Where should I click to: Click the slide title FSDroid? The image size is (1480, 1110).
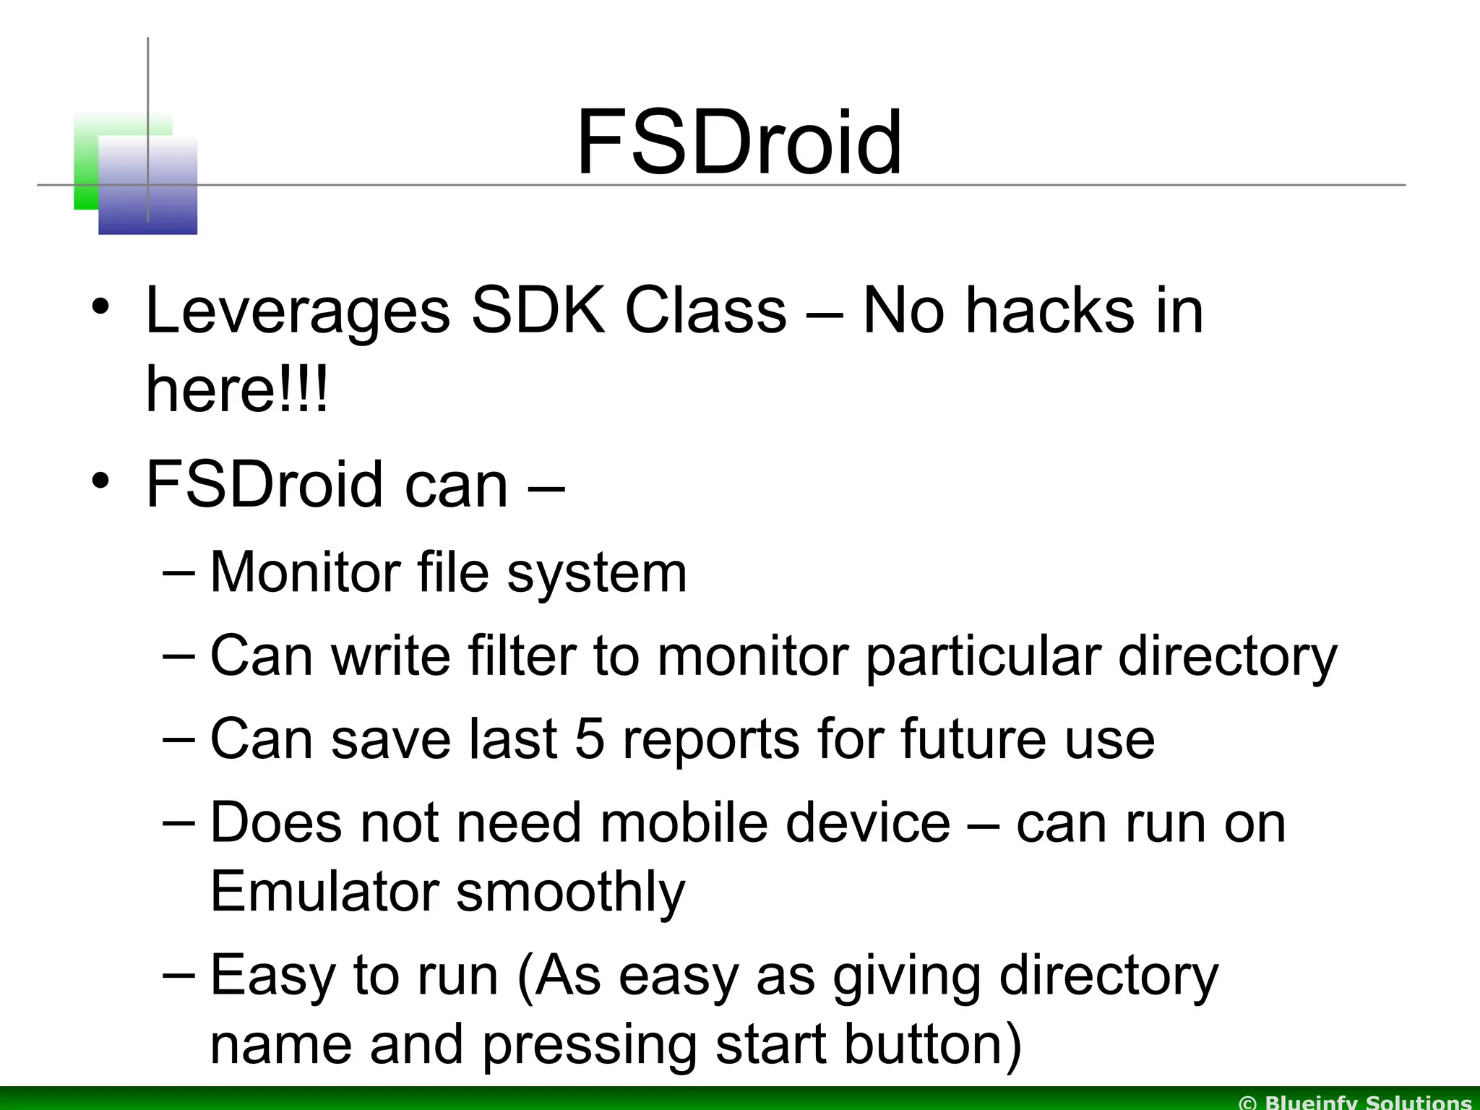(x=739, y=142)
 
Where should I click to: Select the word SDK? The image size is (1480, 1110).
(x=538, y=311)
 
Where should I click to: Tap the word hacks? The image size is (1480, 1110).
(x=1050, y=311)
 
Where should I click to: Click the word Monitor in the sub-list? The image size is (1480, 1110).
(x=304, y=573)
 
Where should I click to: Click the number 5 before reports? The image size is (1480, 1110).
(x=590, y=739)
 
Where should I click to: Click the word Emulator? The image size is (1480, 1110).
(x=324, y=891)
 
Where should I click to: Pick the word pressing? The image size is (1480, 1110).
(x=590, y=1046)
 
